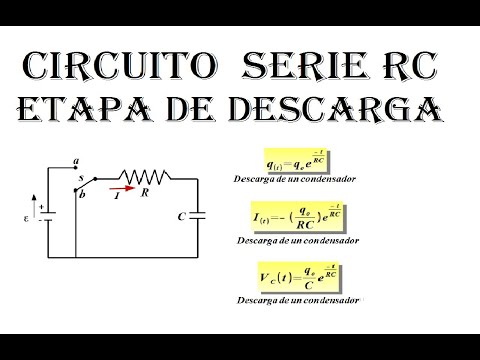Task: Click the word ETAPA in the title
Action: pyautogui.click(x=99, y=109)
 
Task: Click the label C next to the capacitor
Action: pyautogui.click(x=179, y=216)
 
